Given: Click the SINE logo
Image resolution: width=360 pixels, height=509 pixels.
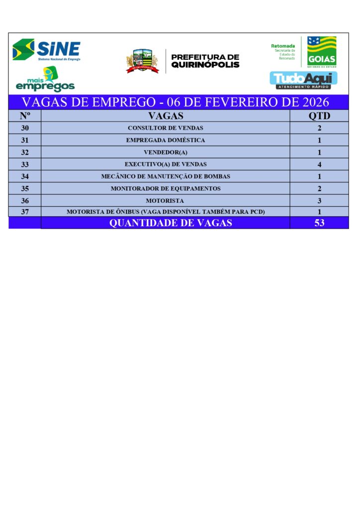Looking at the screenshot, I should [x=46, y=50].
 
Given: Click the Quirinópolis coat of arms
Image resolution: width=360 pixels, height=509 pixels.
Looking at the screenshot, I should [x=142, y=61].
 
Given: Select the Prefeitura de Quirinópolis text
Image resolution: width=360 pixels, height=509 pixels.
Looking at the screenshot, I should [x=205, y=61].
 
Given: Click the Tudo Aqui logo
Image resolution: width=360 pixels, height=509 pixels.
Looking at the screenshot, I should [x=303, y=80].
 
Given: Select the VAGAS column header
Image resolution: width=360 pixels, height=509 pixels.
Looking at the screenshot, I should [x=166, y=116].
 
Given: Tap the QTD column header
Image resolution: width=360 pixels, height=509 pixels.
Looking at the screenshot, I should [x=319, y=116].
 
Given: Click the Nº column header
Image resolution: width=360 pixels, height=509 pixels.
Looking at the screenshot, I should [x=25, y=116].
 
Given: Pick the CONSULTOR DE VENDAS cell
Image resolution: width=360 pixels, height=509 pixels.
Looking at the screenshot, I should [x=166, y=128].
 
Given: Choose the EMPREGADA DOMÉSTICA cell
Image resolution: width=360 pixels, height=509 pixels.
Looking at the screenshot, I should [x=166, y=140].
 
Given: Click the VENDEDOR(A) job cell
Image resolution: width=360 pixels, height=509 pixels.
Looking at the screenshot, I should [x=166, y=152].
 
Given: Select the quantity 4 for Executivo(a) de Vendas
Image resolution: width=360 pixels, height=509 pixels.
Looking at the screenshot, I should [x=319, y=165].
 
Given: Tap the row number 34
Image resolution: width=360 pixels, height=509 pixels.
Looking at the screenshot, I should [x=25, y=176].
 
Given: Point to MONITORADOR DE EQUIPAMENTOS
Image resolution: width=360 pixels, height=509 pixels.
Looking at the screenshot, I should [x=166, y=188].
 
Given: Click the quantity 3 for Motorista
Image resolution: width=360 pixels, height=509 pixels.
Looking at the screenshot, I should [x=319, y=201].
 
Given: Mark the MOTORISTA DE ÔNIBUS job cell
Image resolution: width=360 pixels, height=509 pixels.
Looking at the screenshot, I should [x=166, y=212].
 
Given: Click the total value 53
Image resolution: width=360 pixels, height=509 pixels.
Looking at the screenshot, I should [x=319, y=223].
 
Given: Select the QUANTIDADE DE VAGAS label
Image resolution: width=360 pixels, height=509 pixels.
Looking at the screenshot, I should [x=171, y=223].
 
